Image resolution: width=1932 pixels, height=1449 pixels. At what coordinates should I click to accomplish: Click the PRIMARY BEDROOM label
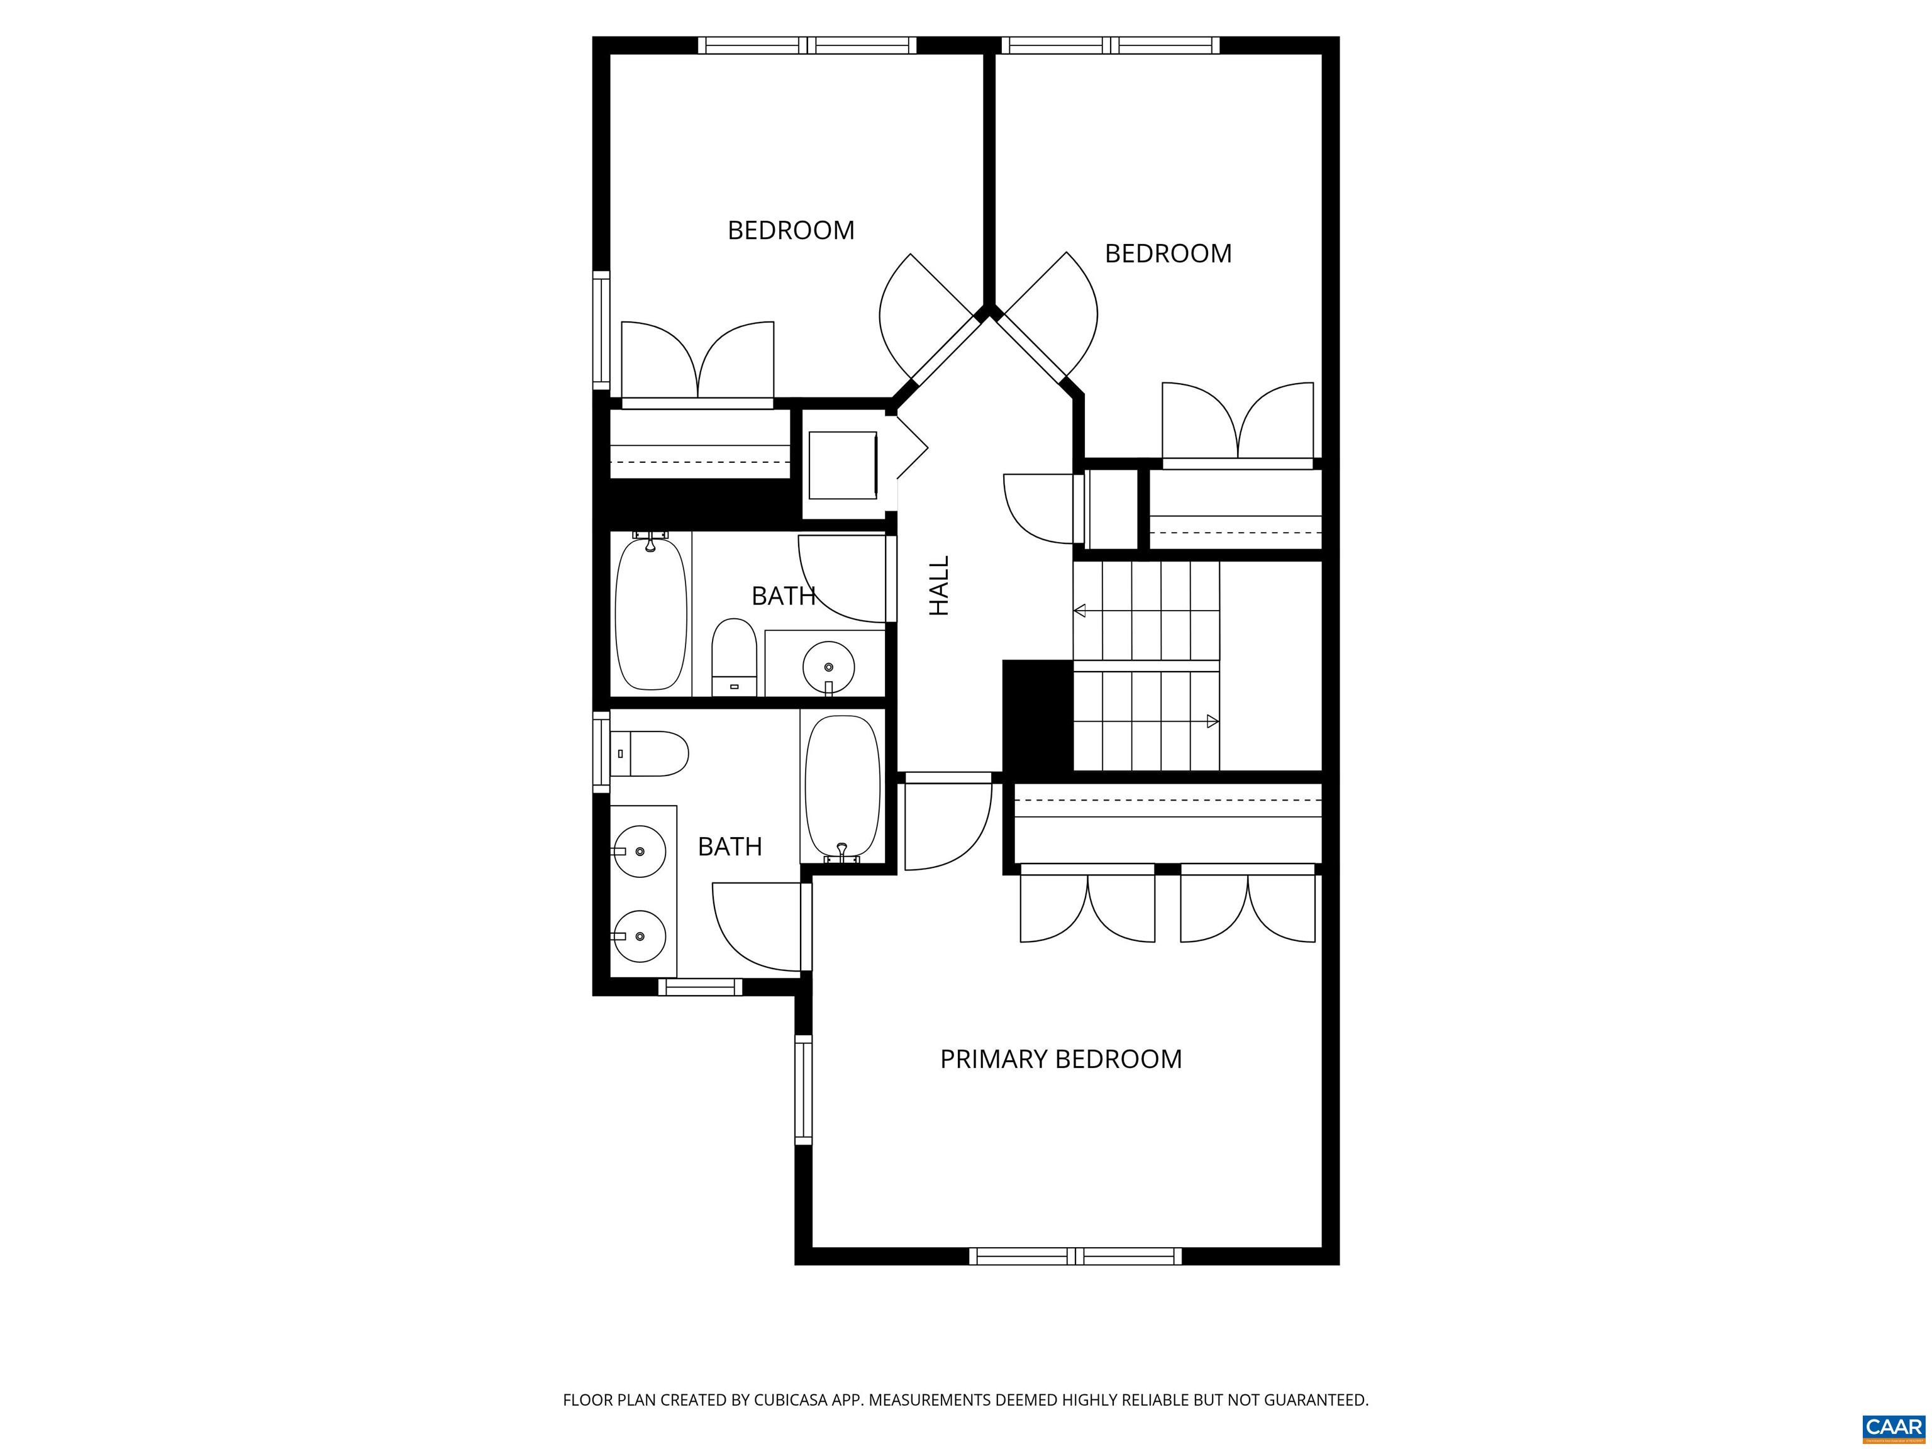pyautogui.click(x=1060, y=1060)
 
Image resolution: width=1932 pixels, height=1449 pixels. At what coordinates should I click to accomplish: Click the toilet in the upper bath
pyautogui.click(x=734, y=657)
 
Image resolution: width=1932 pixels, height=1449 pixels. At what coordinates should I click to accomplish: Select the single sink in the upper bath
pyautogui.click(x=827, y=665)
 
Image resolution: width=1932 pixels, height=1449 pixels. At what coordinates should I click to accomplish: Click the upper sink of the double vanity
pyautogui.click(x=640, y=851)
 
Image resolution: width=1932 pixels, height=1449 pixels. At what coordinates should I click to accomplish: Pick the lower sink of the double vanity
pyautogui.click(x=640, y=935)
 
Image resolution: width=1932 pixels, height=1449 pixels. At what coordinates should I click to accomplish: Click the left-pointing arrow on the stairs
pyautogui.click(x=1080, y=611)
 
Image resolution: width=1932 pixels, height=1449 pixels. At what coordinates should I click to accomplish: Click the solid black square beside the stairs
pyautogui.click(x=1036, y=715)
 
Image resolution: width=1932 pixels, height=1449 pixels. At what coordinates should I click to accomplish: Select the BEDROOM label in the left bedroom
pyautogui.click(x=791, y=231)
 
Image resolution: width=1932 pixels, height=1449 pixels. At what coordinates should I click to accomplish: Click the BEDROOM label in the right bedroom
pyautogui.click(x=1168, y=253)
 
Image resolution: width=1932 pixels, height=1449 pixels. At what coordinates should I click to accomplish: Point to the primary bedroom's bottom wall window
pyautogui.click(x=1075, y=1256)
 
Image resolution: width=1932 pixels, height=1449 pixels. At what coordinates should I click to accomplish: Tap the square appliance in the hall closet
pyautogui.click(x=842, y=465)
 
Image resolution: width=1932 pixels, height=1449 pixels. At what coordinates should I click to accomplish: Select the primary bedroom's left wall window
pyautogui.click(x=802, y=1089)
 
